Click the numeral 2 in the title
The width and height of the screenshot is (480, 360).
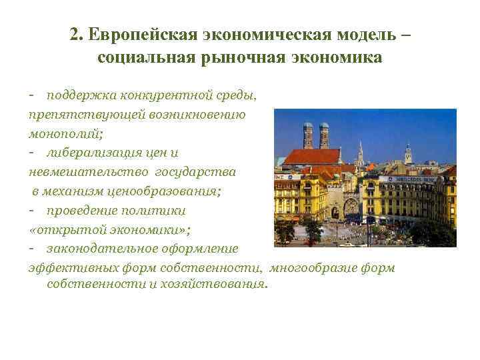pos(74,35)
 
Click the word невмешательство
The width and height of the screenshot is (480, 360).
pos(89,171)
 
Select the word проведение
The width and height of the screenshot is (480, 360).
pos(77,209)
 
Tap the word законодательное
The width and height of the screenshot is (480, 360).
pos(101,248)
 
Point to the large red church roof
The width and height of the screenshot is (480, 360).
pos(312,157)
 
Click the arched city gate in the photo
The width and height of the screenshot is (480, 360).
pos(335,213)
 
